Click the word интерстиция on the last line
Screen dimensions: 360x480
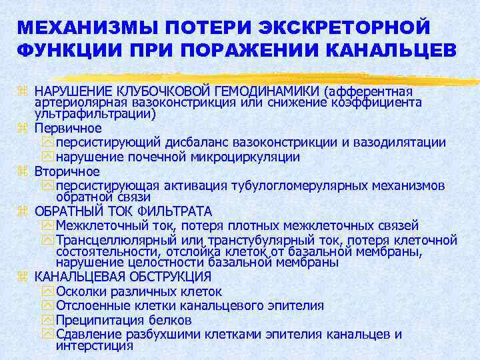95,346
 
